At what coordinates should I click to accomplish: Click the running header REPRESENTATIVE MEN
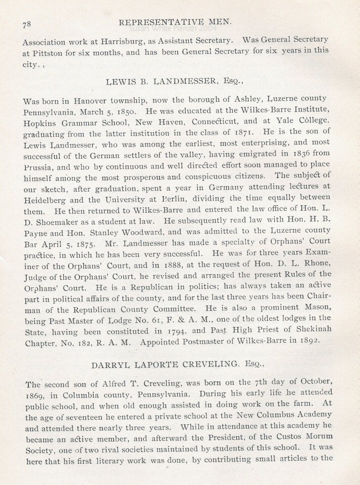(174, 21)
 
